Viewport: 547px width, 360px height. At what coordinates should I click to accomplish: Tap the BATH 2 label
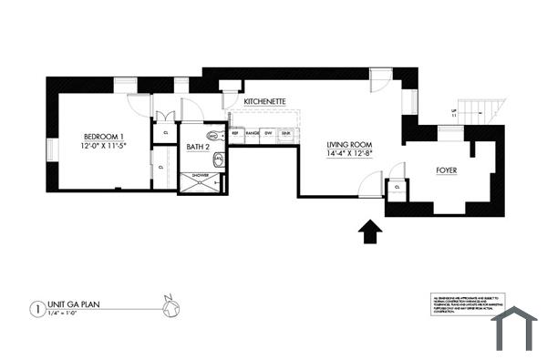point(199,147)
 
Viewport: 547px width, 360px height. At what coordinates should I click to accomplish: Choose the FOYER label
point(447,170)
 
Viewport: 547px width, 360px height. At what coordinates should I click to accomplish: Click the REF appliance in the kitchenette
point(235,133)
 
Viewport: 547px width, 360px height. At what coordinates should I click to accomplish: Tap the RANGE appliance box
point(252,133)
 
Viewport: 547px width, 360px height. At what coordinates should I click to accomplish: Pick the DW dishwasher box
point(269,133)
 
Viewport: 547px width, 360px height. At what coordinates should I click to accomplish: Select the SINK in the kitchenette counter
point(285,133)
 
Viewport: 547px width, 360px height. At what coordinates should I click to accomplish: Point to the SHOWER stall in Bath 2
point(200,181)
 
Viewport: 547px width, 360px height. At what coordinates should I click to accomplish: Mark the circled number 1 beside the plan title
point(36,308)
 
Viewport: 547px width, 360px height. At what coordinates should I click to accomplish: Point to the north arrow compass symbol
point(168,308)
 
